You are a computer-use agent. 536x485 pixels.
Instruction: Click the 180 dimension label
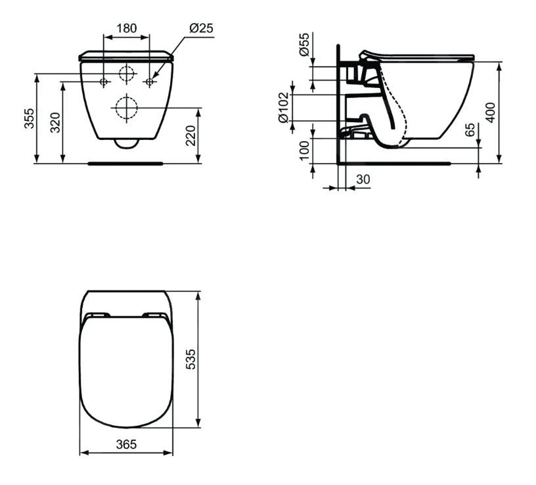tap(126, 28)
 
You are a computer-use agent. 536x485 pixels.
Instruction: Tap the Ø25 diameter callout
tap(200, 28)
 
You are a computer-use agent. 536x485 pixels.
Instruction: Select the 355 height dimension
tap(30, 118)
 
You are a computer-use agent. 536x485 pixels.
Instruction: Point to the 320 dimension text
tap(56, 123)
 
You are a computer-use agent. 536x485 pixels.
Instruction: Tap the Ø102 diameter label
tap(284, 107)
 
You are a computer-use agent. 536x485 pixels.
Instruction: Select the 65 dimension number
tap(470, 129)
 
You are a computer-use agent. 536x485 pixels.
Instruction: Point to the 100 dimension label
tap(303, 150)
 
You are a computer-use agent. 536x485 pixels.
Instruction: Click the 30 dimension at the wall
tap(362, 179)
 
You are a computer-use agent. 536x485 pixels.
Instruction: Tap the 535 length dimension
tap(191, 359)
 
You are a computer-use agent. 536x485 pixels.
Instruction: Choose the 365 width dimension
tap(126, 444)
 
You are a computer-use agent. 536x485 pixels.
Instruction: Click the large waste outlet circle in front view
tap(126, 106)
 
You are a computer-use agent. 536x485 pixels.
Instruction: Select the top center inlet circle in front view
tap(126, 74)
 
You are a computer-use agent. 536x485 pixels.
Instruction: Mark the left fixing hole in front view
tap(103, 81)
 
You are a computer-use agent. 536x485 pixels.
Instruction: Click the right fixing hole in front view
tap(149, 81)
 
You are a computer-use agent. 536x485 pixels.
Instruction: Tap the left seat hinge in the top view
tap(96, 314)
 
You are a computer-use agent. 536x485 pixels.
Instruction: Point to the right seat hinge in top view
tap(155, 314)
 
